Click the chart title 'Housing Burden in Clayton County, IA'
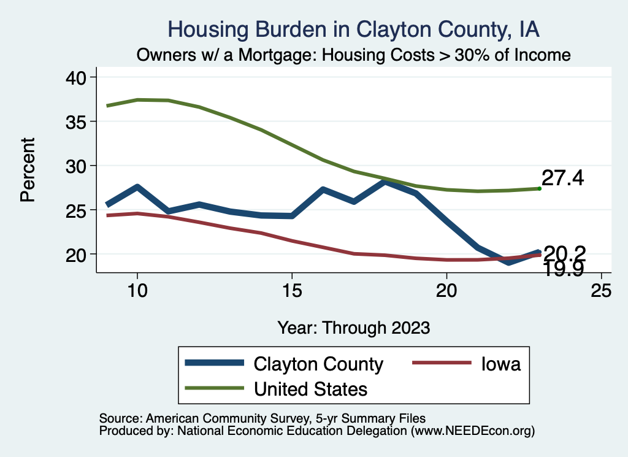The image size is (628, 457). click(354, 29)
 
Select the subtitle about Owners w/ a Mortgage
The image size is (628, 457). click(354, 55)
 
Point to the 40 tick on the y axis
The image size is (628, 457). click(79, 77)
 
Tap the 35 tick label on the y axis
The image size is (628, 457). click(79, 121)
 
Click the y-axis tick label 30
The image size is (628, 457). click(79, 166)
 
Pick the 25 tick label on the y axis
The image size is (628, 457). click(79, 210)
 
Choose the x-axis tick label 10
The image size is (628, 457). click(137, 290)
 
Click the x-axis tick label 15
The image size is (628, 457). click(292, 290)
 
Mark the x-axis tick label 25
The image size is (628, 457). click(601, 290)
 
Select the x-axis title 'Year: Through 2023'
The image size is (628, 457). click(354, 327)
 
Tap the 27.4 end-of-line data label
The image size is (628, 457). click(562, 179)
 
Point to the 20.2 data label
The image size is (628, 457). click(565, 252)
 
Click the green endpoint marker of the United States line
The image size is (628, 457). click(539, 188)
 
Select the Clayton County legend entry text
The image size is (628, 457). click(318, 364)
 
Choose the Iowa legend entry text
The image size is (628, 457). click(500, 364)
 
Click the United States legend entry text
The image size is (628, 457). click(310, 388)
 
